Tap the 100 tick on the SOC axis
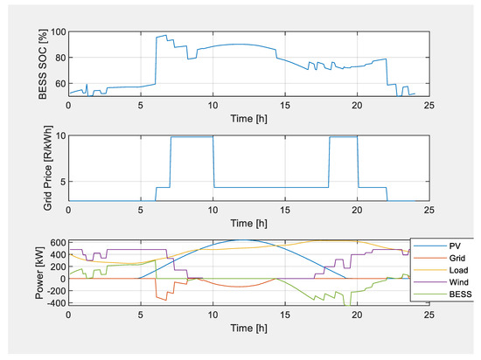point(57,31)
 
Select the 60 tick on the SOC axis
point(59,82)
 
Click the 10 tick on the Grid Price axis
point(59,135)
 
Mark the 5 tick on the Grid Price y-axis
point(62,182)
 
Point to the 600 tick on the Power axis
point(55,242)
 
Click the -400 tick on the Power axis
point(53,302)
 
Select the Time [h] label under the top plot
point(247,118)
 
